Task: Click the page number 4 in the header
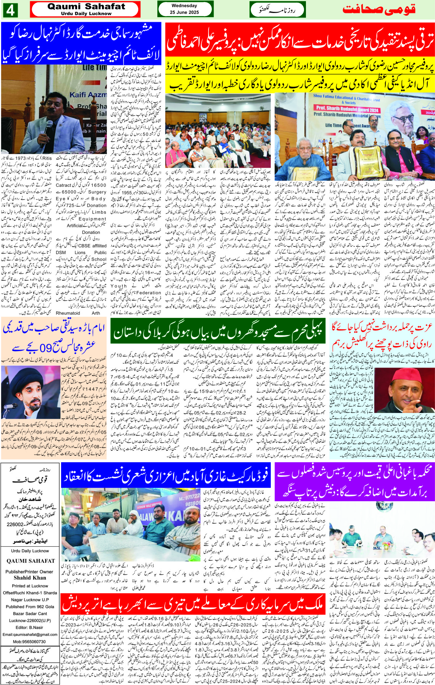click(10, 10)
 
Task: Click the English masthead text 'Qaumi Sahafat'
click(86, 6)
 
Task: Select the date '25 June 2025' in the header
click(184, 12)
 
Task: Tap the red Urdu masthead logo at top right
click(379, 10)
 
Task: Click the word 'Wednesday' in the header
click(184, 6)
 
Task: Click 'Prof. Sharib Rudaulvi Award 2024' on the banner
click(347, 108)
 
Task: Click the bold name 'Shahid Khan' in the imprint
click(30, 578)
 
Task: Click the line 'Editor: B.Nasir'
click(31, 627)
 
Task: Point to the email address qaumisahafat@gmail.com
click(30, 634)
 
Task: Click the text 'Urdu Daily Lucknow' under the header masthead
click(86, 13)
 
